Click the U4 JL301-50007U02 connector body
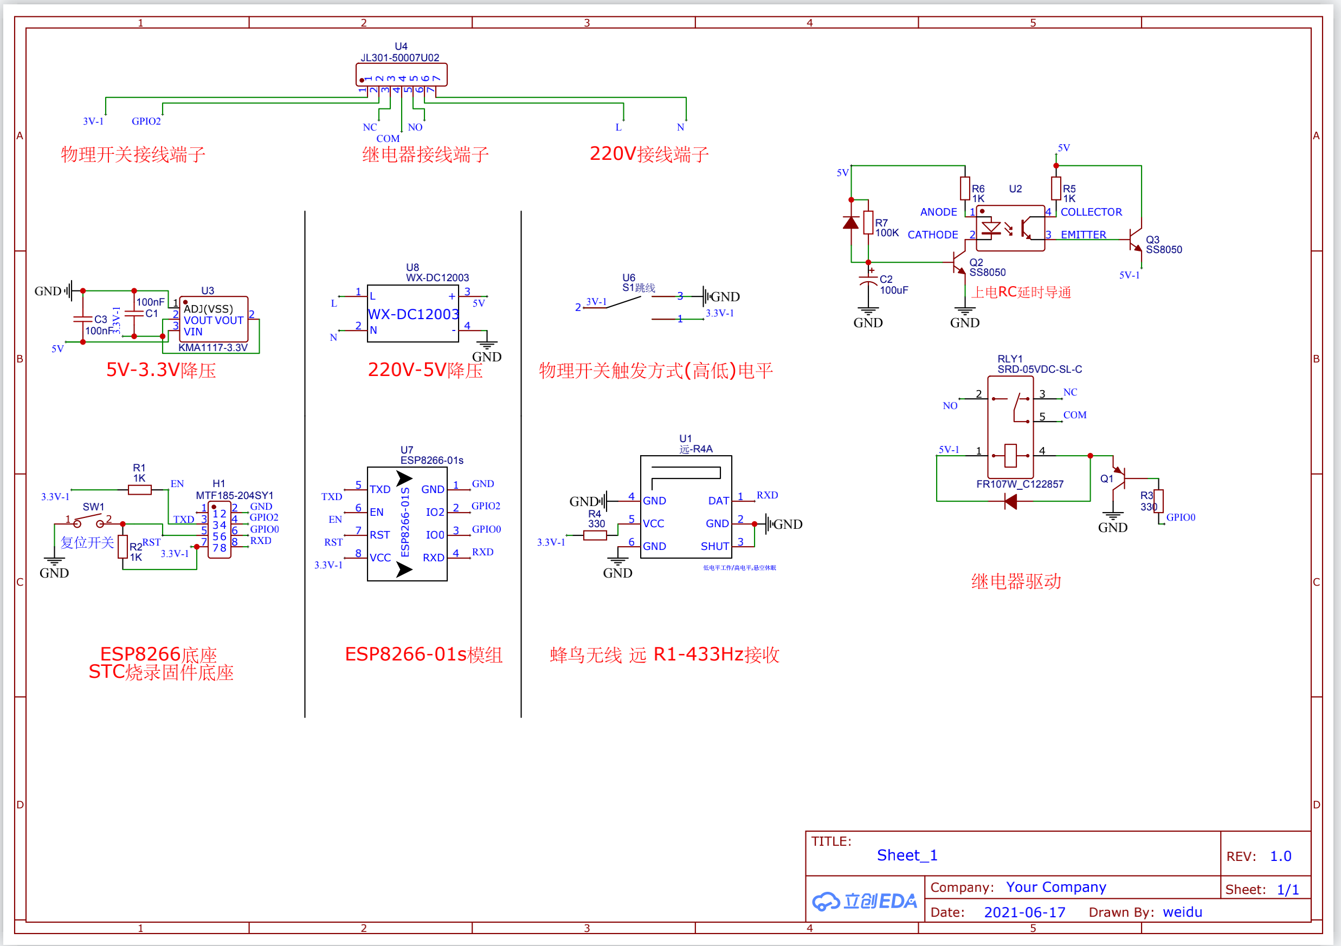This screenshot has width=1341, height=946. click(401, 75)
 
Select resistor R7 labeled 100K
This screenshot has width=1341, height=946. click(868, 223)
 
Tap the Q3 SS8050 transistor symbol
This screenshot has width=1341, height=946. click(1135, 239)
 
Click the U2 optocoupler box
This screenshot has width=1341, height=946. click(1010, 228)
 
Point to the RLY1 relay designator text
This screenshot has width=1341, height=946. click(1010, 359)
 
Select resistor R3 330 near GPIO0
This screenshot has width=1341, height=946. click(1158, 501)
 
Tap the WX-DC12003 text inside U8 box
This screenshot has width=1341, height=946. click(413, 314)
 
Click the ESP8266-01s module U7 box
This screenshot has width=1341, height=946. click(407, 524)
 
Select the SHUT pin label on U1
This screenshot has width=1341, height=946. click(714, 547)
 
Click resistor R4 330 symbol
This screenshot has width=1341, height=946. click(595, 535)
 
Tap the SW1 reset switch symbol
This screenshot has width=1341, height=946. click(88, 519)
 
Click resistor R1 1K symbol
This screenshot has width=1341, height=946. click(140, 490)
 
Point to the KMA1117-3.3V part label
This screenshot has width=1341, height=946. click(212, 347)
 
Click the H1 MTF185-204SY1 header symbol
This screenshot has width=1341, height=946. click(219, 530)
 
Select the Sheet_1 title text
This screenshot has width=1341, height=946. click(906, 856)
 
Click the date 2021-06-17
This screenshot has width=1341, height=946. click(1024, 912)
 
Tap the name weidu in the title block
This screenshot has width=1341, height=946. click(1182, 912)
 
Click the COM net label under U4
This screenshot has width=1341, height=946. click(388, 138)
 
